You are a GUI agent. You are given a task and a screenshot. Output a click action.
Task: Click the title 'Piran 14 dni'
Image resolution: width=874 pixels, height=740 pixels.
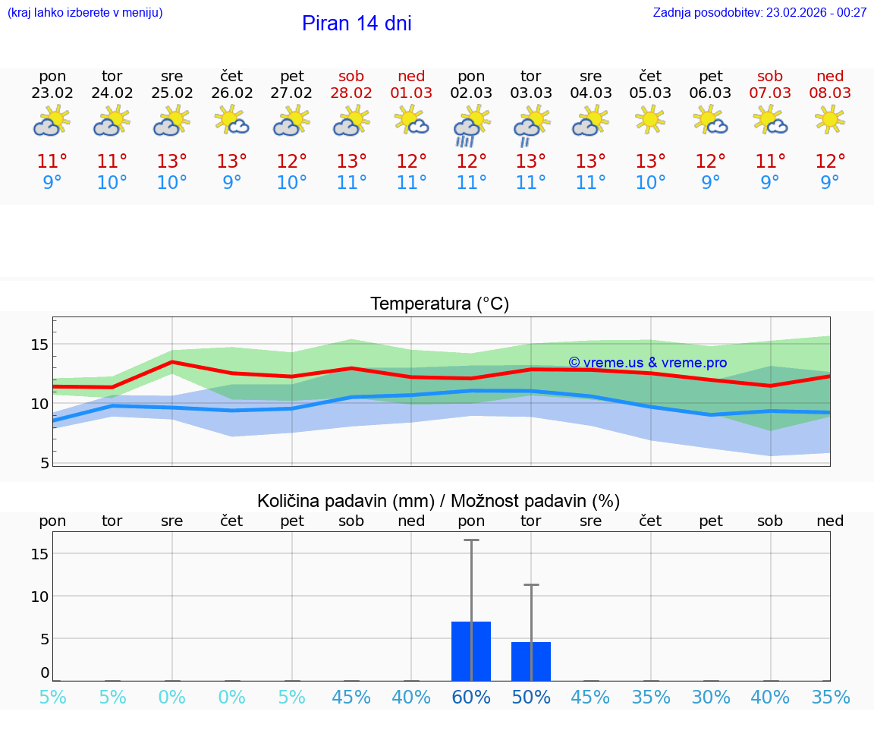(x=357, y=24)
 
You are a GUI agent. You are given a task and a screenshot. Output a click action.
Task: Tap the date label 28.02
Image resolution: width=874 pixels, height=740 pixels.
(x=351, y=93)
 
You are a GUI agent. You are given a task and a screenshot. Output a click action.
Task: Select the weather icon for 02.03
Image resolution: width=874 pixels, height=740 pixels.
(x=471, y=126)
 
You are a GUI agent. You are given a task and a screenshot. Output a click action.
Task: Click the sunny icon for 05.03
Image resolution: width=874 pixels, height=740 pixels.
(x=650, y=119)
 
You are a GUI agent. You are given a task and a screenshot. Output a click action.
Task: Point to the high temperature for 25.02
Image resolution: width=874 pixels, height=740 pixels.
(x=172, y=162)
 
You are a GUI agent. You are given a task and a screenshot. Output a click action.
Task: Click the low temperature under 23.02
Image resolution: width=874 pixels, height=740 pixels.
(x=52, y=183)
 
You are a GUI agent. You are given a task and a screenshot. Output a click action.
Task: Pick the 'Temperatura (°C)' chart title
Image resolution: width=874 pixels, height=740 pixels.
(x=439, y=304)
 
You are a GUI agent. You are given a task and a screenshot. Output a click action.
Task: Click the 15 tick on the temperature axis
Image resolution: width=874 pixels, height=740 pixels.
(x=39, y=345)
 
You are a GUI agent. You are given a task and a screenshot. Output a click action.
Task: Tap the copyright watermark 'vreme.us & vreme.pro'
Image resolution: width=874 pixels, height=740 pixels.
(x=647, y=363)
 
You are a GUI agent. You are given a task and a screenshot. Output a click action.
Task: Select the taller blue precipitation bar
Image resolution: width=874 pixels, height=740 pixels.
(x=471, y=651)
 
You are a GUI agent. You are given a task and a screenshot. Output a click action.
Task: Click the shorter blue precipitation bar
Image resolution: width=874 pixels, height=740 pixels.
(x=531, y=661)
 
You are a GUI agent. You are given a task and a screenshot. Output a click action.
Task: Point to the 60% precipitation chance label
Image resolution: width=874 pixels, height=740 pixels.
(x=471, y=697)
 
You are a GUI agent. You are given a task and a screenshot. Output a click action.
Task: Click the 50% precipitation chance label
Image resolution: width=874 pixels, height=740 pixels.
(x=531, y=697)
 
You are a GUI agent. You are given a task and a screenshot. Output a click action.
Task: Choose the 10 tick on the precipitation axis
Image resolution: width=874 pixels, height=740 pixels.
(x=39, y=596)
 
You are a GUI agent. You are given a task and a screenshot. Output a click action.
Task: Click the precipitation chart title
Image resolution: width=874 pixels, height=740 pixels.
(x=439, y=501)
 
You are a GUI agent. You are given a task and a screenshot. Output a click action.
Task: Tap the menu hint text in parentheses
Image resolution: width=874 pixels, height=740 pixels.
(x=85, y=13)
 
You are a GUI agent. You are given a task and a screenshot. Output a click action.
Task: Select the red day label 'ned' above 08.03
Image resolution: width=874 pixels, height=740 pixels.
(x=830, y=76)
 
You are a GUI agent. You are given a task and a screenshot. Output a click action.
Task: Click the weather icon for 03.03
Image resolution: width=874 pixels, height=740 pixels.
(x=531, y=126)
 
